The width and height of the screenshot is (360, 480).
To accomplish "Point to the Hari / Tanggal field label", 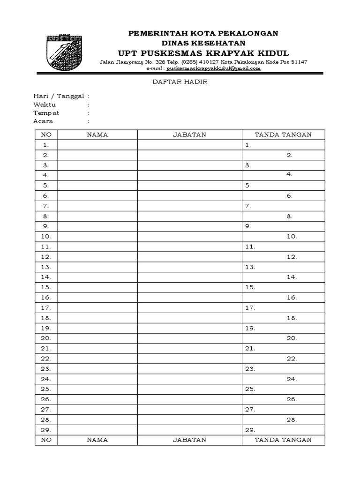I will click(59, 96).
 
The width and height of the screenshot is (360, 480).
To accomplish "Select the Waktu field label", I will click(45, 105).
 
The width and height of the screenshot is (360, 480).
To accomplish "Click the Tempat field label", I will click(46, 113).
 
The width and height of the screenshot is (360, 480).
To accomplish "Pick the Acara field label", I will click(43, 121).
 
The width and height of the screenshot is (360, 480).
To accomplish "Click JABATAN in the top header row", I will click(189, 135).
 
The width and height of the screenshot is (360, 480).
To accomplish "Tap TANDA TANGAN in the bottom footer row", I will click(283, 440).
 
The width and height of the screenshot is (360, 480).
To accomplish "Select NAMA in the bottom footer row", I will click(97, 440).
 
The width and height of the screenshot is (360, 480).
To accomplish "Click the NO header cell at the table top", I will click(46, 135).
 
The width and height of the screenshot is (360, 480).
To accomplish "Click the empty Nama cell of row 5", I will click(97, 186).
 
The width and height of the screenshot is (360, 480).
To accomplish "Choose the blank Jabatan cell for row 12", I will click(189, 257).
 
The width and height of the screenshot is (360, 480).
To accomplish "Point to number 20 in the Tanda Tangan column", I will click(292, 338).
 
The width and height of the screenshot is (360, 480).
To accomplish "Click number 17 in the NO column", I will click(46, 308).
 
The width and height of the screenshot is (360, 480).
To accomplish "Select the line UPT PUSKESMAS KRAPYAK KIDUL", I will click(203, 52).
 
